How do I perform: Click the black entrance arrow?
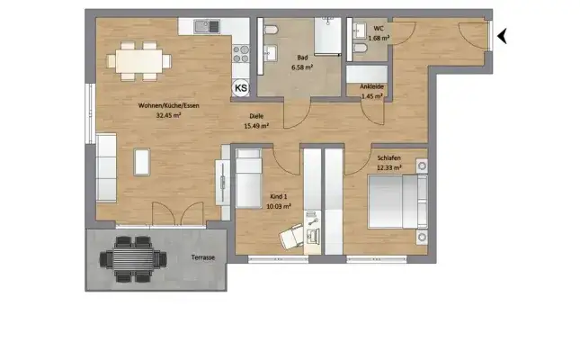pos(504,36)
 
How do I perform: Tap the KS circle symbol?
pos(242,87)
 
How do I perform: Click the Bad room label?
pos(300,57)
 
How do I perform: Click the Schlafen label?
pos(388,158)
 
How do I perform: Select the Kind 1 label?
pos(280,196)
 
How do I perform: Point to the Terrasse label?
pos(202,258)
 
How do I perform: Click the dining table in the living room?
pos(139,61)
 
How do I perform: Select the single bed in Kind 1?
pos(249,178)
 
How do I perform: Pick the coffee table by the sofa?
pos(142,162)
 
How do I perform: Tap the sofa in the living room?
pos(107,167)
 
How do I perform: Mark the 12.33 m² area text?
pos(388,167)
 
